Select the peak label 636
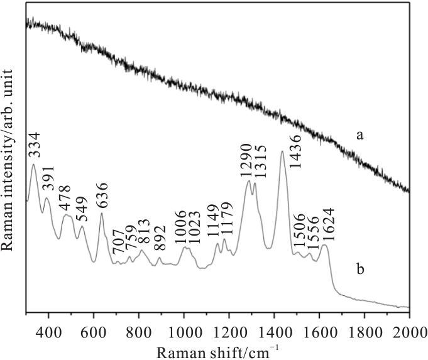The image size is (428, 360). coord(101,195)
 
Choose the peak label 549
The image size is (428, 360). coord(82,209)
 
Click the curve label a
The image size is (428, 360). coord(361,134)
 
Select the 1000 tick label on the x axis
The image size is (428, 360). coord(184,331)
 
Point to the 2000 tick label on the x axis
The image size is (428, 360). coord(409,331)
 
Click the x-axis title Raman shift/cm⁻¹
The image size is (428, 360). coord(217,349)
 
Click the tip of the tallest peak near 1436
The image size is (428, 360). coord(282,151)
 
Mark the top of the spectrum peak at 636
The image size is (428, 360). coord(102,213)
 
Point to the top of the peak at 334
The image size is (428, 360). coord(33,165)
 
